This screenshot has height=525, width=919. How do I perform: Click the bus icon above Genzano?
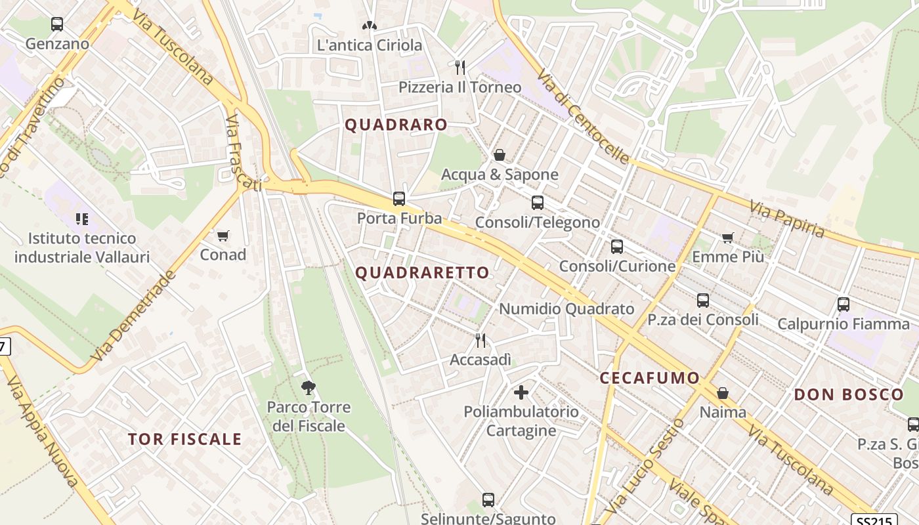coord(57,24)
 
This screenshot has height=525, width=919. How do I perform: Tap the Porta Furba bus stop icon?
coord(398,198)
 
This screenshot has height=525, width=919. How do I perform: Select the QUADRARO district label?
coord(396,125)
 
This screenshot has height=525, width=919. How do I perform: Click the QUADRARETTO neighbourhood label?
coord(423,272)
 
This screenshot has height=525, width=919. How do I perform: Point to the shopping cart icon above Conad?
coord(223,235)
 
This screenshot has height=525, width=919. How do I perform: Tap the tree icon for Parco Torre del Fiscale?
coord(308,387)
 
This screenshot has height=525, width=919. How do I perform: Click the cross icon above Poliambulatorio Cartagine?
coord(521,392)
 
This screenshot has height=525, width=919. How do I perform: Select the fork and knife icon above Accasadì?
coord(481,340)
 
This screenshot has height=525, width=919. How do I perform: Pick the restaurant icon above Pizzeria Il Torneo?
coord(460,67)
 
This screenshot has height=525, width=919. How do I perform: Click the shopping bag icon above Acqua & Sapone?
coord(500,155)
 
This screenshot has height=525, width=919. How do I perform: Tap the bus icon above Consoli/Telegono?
coord(538,203)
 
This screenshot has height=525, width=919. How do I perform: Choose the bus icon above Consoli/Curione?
coord(617,247)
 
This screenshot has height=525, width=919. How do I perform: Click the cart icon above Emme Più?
coord(727,238)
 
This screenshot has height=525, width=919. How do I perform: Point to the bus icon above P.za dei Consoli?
coord(703,301)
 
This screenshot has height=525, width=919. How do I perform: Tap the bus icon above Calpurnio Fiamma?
coord(844,304)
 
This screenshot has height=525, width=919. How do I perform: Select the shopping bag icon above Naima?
coord(723,393)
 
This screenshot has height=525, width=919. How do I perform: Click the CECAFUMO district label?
coord(650,378)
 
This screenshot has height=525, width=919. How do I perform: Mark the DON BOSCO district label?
coord(849,394)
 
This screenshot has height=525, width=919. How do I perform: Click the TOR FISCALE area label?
coord(185,439)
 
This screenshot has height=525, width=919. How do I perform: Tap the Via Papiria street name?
coord(786,219)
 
